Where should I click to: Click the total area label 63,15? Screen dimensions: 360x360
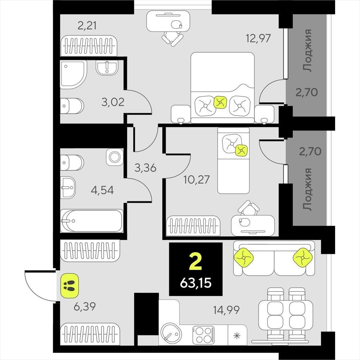[x=195, y=283]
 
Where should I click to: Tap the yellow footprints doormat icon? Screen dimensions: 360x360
[x=69, y=285]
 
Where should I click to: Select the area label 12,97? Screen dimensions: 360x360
[x=258, y=38]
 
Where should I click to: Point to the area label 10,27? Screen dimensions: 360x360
[x=197, y=180]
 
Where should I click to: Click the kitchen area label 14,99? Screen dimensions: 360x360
[x=226, y=310]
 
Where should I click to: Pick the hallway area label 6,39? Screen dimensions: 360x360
[x=84, y=306]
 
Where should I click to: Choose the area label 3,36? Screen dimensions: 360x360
[x=145, y=168]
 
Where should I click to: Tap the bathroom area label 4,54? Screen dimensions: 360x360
[x=102, y=190]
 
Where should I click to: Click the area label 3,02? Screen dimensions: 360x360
[x=113, y=102]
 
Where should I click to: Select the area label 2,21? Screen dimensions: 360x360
[x=87, y=25]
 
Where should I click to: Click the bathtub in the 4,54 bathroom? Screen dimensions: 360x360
[x=92, y=221]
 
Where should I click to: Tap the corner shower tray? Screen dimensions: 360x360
[x=73, y=75]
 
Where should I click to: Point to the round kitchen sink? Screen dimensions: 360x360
[x=171, y=333]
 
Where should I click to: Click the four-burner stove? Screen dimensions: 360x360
[x=204, y=335]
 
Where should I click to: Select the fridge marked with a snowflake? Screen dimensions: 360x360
[x=237, y=335]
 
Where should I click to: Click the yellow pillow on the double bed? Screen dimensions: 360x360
[x=220, y=102]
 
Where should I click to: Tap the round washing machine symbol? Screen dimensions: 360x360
[x=115, y=157]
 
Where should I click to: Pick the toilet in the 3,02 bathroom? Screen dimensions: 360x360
[x=72, y=106]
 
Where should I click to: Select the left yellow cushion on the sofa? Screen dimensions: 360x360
[x=244, y=258]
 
